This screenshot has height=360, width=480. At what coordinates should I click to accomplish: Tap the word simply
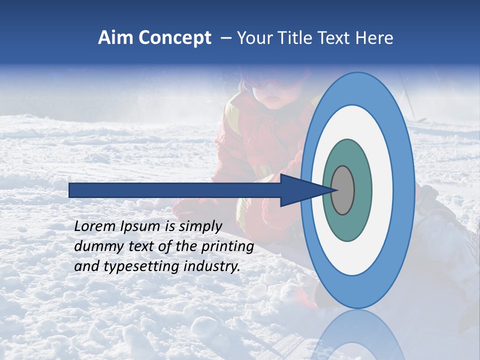pyautogui.click(x=200, y=227)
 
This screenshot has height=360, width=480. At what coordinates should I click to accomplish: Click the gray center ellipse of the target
pyautogui.click(x=342, y=190)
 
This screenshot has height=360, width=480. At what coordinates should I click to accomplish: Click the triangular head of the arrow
pyautogui.click(x=300, y=190)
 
